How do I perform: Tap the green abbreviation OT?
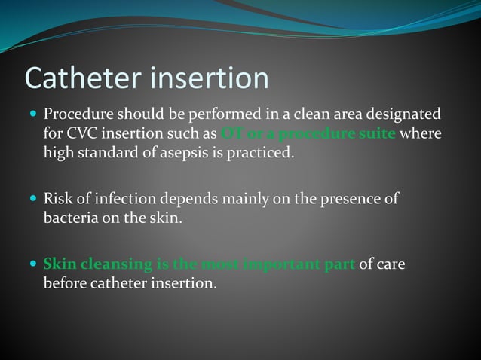[231, 134]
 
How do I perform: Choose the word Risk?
[57, 200]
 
